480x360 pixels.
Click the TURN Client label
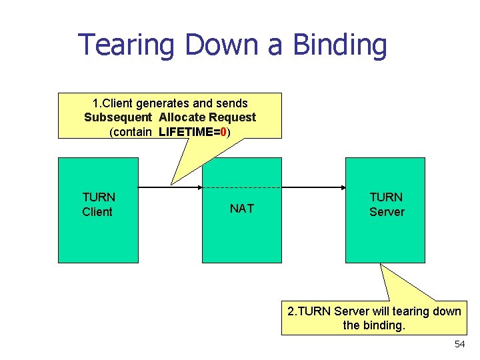(x=99, y=205)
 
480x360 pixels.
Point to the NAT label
(x=241, y=209)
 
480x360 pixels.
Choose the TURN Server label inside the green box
(x=387, y=205)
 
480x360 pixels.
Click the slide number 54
(x=459, y=344)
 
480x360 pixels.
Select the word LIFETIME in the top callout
(x=186, y=132)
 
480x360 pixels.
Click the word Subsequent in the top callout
(x=118, y=117)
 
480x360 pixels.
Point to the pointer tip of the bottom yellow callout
(x=381, y=265)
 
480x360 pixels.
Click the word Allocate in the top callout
(x=182, y=117)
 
